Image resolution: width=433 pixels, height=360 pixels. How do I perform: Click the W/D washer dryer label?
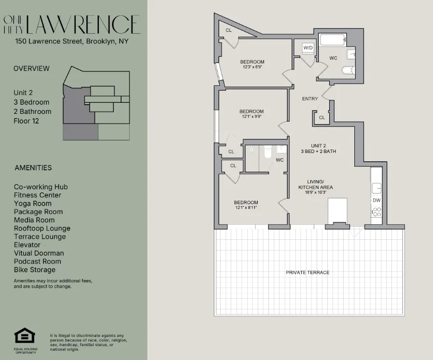308,48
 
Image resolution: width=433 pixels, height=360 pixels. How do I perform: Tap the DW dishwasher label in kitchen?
376,200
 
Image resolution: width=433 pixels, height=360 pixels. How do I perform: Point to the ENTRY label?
310,99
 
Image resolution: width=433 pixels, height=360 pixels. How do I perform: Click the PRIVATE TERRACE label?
307,273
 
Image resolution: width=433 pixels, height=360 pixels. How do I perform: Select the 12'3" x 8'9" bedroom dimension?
252,67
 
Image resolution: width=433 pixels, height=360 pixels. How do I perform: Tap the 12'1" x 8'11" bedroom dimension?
246,208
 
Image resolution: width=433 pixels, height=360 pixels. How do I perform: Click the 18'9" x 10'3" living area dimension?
315,192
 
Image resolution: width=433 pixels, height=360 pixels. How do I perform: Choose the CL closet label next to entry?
322,117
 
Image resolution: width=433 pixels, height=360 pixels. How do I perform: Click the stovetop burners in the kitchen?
376,211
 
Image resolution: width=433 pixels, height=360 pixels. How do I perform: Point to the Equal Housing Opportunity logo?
25,336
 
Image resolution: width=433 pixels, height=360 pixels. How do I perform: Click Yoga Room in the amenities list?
33,203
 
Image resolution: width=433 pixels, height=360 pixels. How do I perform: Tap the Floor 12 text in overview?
26,121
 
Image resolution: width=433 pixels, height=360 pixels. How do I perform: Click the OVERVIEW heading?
31,69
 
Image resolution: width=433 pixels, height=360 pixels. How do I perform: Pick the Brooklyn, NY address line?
72,42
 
